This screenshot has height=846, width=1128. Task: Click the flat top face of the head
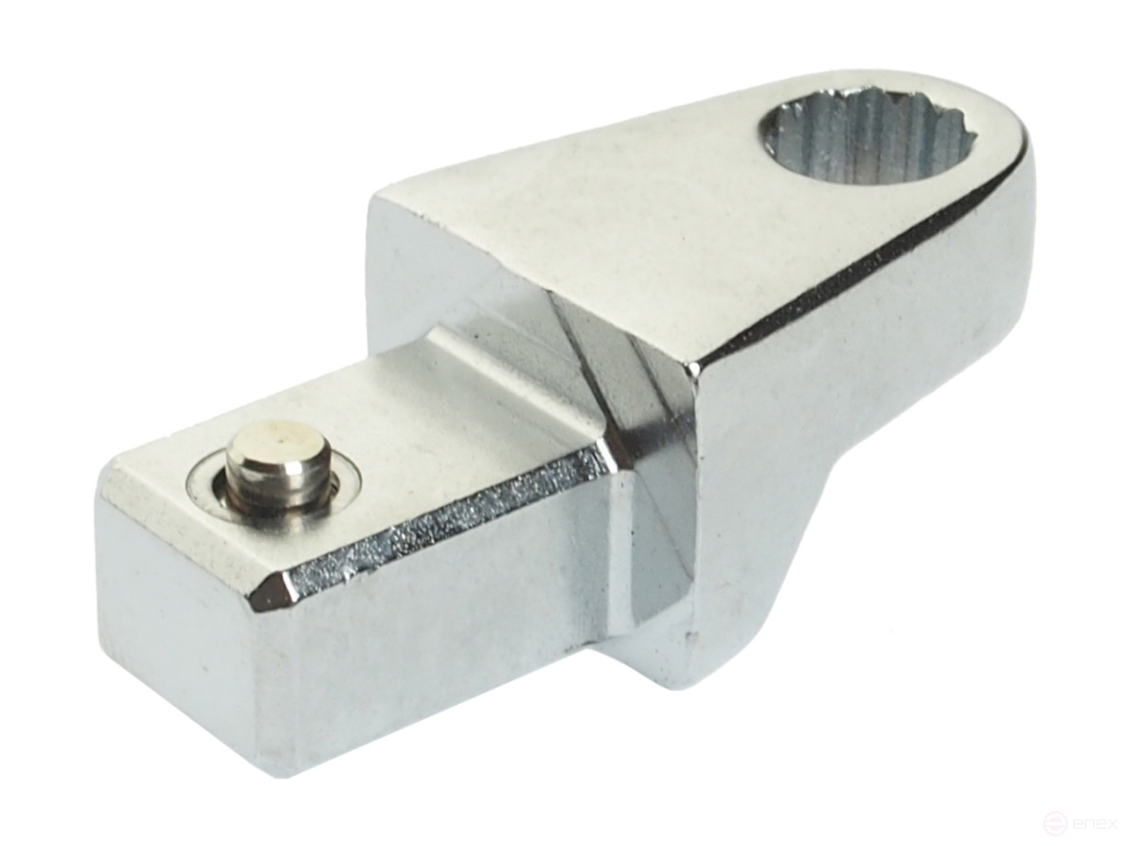point(616,208)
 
